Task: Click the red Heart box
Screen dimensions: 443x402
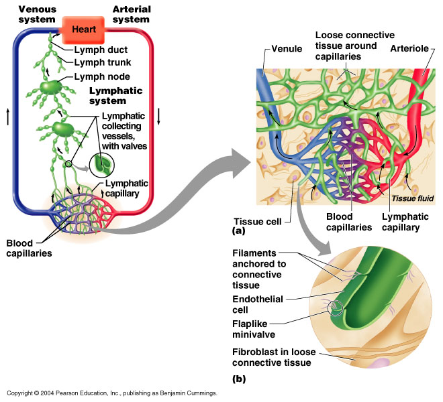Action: coord(83,29)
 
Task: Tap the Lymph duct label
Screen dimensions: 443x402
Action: coord(101,50)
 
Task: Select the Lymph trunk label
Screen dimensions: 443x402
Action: coord(103,62)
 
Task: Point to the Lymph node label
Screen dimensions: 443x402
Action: coord(102,76)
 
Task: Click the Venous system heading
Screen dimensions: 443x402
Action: coord(37,14)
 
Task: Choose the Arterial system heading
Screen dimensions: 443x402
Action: coord(132,14)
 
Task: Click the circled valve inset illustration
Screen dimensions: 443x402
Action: coord(102,165)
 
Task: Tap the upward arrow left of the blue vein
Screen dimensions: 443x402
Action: coord(7,117)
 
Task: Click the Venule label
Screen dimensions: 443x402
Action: coord(287,49)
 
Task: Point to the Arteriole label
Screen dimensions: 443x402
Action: coord(409,48)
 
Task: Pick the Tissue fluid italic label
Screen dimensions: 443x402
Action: coord(413,198)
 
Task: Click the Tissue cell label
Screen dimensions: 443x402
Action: coord(257,222)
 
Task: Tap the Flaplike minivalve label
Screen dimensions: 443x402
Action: coord(254,329)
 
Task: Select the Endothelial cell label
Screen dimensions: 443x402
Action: coord(257,304)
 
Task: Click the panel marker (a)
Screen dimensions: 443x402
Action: coord(238,231)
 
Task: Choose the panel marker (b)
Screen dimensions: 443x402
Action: coord(239,379)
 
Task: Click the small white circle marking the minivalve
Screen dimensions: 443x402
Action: coord(336,308)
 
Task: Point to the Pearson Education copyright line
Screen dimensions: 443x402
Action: coord(112,393)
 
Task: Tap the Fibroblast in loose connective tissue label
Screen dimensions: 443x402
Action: coord(274,357)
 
